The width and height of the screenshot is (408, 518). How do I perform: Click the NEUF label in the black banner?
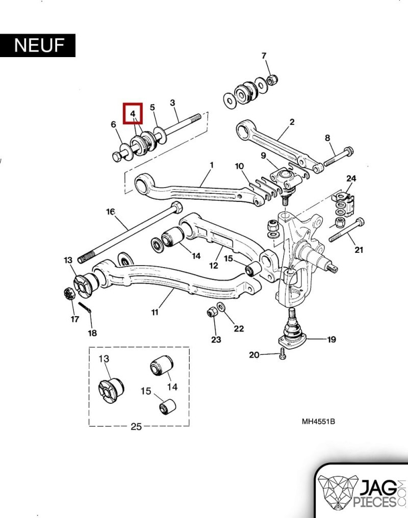[x=39, y=45]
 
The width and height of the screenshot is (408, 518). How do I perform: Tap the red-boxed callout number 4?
[x=133, y=114]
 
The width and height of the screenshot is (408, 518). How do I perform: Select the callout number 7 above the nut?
[x=264, y=56]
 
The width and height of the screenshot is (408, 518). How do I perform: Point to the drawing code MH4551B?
[x=318, y=422]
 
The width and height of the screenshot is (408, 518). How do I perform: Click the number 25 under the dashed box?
[x=136, y=427]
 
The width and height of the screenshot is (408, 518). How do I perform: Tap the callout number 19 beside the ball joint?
[x=331, y=339]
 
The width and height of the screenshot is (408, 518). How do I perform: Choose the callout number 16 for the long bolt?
[x=110, y=212]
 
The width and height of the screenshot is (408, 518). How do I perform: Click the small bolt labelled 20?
[x=282, y=354]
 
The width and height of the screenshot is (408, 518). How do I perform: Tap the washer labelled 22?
[x=221, y=306]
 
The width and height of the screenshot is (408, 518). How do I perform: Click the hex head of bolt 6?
[x=117, y=157]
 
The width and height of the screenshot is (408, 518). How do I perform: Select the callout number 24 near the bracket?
[x=351, y=179]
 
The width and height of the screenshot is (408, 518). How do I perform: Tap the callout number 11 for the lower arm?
[x=155, y=312]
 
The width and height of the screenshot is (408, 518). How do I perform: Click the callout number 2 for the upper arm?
[x=292, y=122]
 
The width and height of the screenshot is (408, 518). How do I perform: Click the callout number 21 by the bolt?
[x=359, y=250]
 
